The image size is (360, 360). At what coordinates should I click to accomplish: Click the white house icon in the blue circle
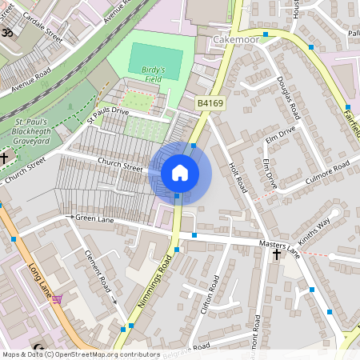pyautogui.click(x=180, y=173)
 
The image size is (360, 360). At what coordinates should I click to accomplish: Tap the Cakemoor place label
pyautogui.click(x=237, y=38)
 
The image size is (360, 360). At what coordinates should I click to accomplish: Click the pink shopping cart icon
pyautogui.click(x=57, y=299)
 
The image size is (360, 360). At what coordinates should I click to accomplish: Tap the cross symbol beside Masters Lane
pyautogui.click(x=277, y=255)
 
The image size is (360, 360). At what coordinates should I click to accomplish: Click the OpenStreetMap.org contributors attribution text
pyautogui.click(x=104, y=354)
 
